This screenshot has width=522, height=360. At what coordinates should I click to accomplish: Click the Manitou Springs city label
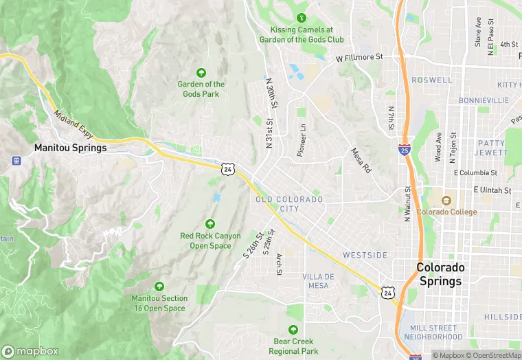pos(71,148)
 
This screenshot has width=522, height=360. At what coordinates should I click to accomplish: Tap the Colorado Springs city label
pos(440,274)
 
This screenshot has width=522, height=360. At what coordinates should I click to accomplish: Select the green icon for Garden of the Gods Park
pos(201,72)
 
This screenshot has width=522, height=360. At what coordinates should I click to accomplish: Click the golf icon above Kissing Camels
pos(300,18)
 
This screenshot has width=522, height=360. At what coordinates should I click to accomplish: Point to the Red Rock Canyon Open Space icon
pos(210,223)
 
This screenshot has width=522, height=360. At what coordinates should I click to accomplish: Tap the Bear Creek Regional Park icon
pos(293,330)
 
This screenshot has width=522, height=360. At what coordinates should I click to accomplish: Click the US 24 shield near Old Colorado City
pos(227,168)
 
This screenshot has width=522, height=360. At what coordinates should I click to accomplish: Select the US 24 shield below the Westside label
pos(388,293)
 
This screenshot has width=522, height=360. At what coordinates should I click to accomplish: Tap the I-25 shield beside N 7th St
pos(405,149)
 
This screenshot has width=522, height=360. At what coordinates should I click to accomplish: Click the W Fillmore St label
pos(359,58)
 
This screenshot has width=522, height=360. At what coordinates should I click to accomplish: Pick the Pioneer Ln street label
pos(301,140)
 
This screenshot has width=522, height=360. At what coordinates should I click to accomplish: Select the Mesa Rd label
pos(361,160)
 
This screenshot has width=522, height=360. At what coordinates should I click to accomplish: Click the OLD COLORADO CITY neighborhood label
pos(289,203)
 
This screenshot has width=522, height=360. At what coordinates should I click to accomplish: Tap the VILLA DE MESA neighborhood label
pos(318,280)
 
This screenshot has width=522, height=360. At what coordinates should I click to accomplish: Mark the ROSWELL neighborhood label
pos(432,80)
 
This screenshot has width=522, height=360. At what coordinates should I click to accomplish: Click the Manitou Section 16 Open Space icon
pos(159,286)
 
